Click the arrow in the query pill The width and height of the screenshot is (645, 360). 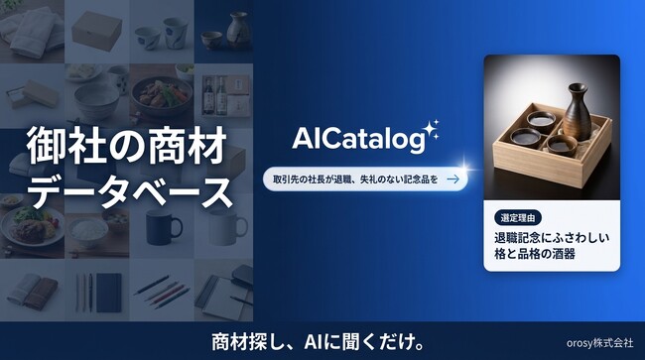[452, 180]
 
